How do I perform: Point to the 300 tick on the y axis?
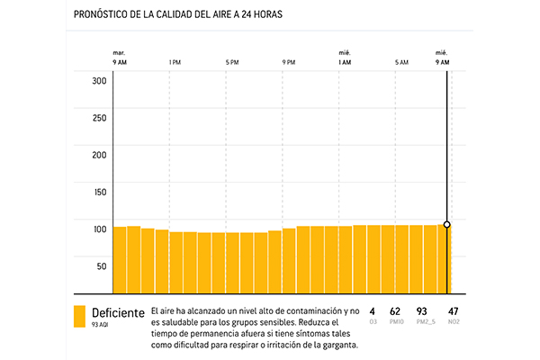point(100,80)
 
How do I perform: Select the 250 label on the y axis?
point(100,117)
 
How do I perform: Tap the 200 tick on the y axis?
point(100,155)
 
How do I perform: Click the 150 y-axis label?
point(100,192)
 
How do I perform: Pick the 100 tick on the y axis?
point(100,229)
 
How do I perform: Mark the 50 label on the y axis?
point(102,265)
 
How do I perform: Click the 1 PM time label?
point(175,62)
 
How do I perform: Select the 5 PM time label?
point(232,62)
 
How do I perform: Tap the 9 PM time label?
point(289,62)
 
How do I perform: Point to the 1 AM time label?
point(345,62)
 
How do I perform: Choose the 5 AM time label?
point(401,62)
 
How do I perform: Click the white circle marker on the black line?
point(447,224)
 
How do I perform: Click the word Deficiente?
point(118,312)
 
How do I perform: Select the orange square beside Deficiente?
point(79,316)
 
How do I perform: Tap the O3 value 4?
point(372,311)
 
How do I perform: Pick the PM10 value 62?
point(395,311)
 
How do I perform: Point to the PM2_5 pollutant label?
point(422,322)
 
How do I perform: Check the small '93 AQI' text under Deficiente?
point(101,324)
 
